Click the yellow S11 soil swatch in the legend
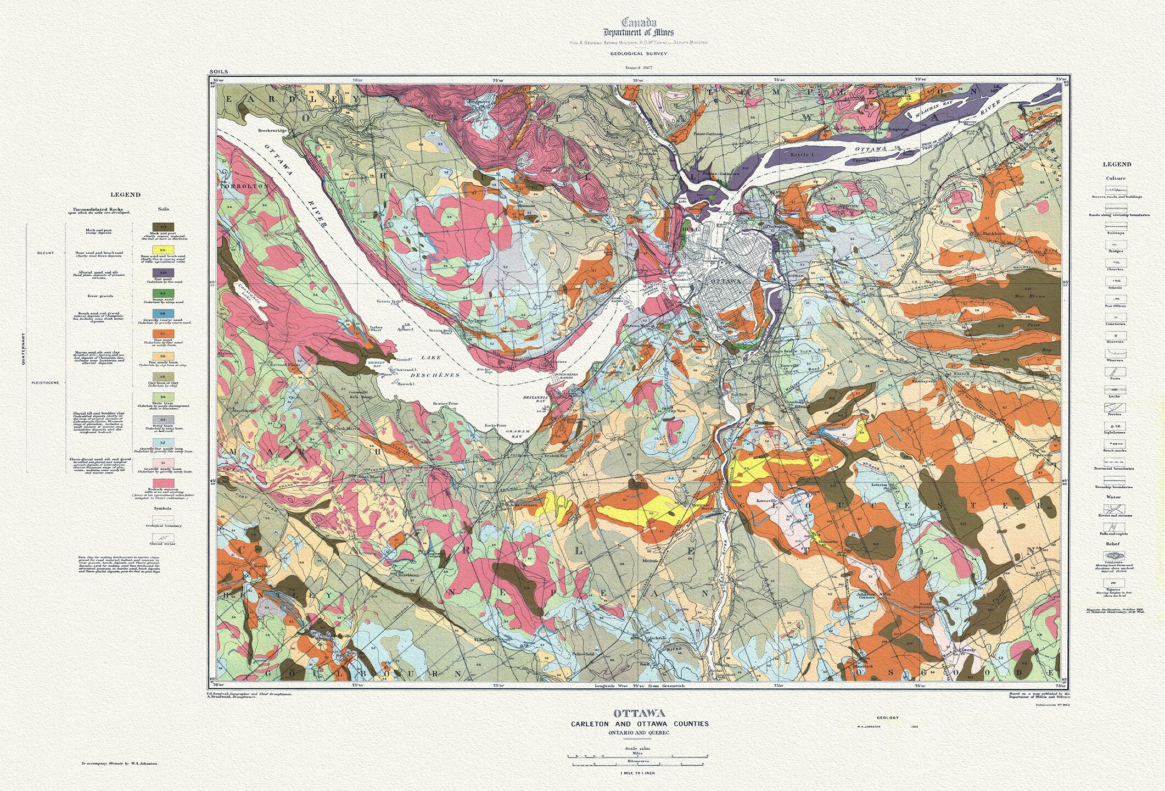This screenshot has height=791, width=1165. (164, 250)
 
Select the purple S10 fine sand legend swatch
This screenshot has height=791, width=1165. (164, 272)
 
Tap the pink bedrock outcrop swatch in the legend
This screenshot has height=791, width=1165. (164, 483)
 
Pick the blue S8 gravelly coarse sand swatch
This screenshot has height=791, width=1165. (164, 313)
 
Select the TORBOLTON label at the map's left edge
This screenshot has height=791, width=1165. (238, 186)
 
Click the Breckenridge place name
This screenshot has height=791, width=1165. (273, 131)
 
